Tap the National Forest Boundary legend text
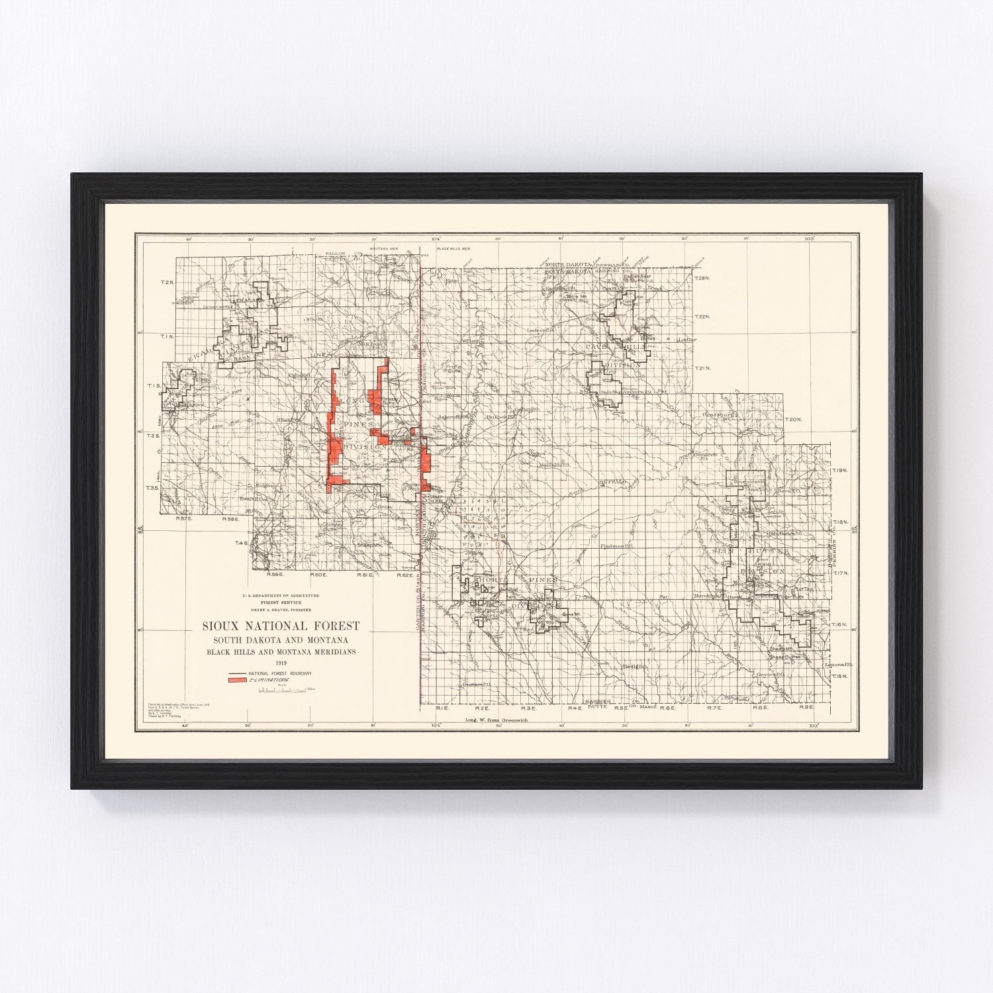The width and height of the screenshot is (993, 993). (x=280, y=673)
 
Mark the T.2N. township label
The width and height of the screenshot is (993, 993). (x=168, y=283)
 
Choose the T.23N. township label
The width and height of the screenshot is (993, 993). (x=702, y=277)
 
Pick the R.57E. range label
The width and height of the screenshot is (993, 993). (x=183, y=520)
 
